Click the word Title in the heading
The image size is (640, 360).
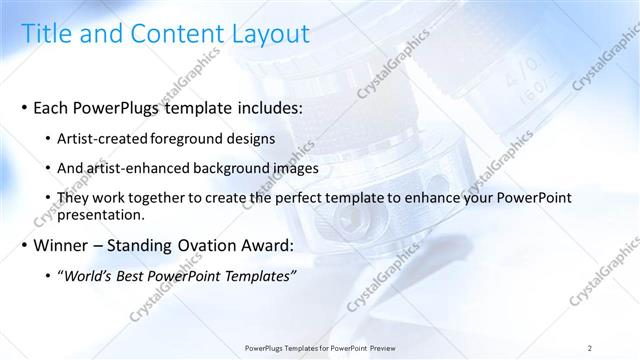47,33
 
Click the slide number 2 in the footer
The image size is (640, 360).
590,348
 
